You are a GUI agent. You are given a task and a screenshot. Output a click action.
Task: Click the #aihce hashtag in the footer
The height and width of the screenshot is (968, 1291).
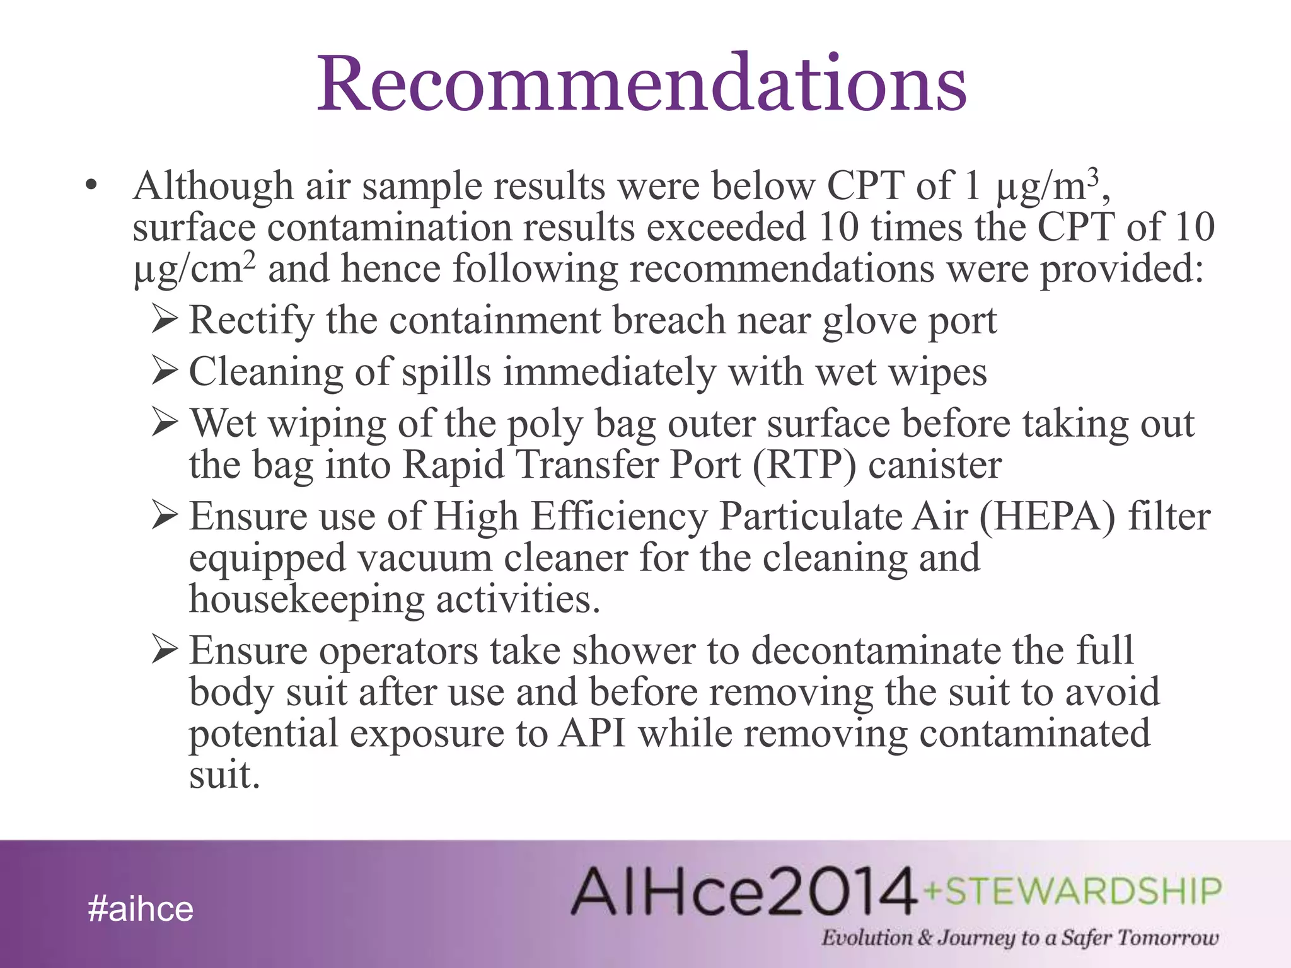(x=141, y=909)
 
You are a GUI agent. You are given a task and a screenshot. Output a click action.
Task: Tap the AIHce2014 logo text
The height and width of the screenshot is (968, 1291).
(x=744, y=891)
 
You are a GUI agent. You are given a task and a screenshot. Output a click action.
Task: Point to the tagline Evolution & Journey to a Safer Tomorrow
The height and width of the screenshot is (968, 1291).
(x=1019, y=938)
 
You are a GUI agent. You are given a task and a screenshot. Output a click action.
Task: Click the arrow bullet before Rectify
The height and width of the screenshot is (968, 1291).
(x=165, y=319)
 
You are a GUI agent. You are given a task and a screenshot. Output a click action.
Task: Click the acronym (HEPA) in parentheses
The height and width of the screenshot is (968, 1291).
(x=1047, y=516)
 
